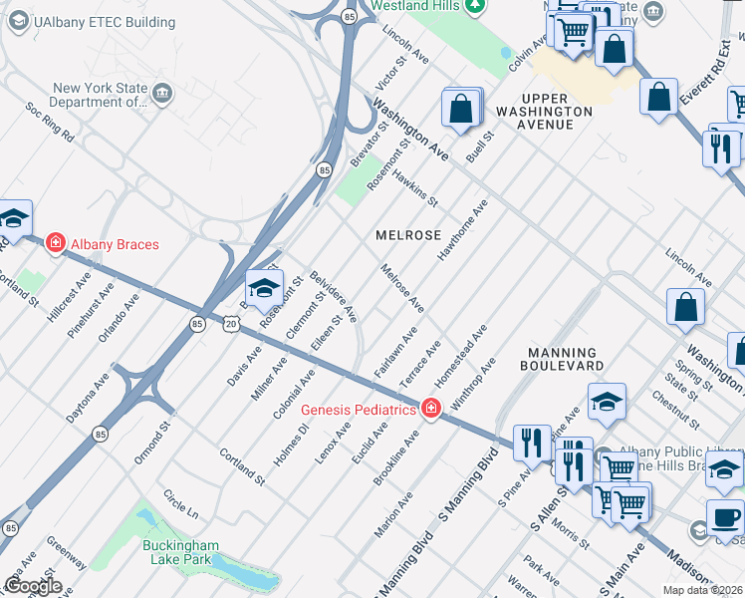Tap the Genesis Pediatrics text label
click(x=358, y=410)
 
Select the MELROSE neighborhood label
click(x=408, y=235)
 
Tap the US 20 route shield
click(x=231, y=324)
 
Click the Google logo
click(x=33, y=585)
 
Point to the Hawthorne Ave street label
click(x=463, y=229)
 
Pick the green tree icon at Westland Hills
click(x=475, y=6)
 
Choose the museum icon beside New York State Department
click(x=163, y=94)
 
